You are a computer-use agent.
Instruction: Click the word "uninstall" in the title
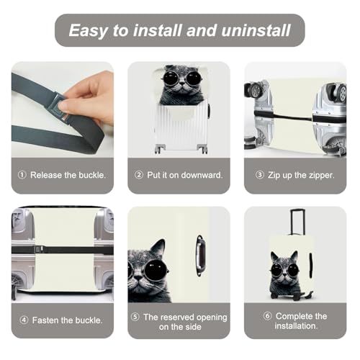click(x=256, y=30)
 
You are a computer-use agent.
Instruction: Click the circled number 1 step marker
click(x=22, y=175)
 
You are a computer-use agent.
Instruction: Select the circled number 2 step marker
click(x=139, y=175)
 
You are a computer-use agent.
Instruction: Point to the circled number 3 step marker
click(x=260, y=175)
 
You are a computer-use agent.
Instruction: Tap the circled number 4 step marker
click(x=24, y=320)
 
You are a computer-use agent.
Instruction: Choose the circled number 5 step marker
click(x=135, y=317)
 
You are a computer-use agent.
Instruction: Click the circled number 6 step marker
click(x=267, y=316)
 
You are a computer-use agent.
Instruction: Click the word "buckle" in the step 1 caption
click(x=91, y=175)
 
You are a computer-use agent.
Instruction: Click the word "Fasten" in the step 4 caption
click(x=45, y=320)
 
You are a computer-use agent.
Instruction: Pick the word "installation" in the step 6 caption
click(x=296, y=326)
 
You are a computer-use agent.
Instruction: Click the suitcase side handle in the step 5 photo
click(x=200, y=256)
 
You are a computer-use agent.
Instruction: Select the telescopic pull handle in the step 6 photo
click(x=297, y=222)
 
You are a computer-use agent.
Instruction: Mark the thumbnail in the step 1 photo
click(x=64, y=105)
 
